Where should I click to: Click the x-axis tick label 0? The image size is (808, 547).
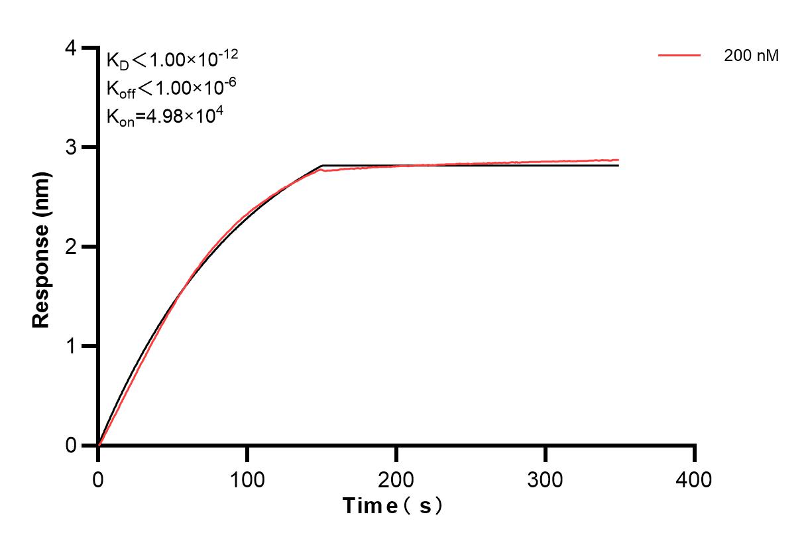[98, 479]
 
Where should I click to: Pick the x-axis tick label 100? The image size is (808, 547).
[247, 479]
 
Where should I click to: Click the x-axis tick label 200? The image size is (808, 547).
[396, 479]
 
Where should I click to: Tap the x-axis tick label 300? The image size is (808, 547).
[546, 479]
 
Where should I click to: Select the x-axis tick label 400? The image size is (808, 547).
[695, 479]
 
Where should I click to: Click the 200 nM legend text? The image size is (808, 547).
[751, 56]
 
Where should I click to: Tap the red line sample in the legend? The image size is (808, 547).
[679, 56]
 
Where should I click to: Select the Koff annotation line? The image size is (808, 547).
[171, 88]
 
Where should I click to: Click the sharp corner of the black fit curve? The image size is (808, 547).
[322, 166]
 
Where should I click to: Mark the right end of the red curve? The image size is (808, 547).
[618, 160]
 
